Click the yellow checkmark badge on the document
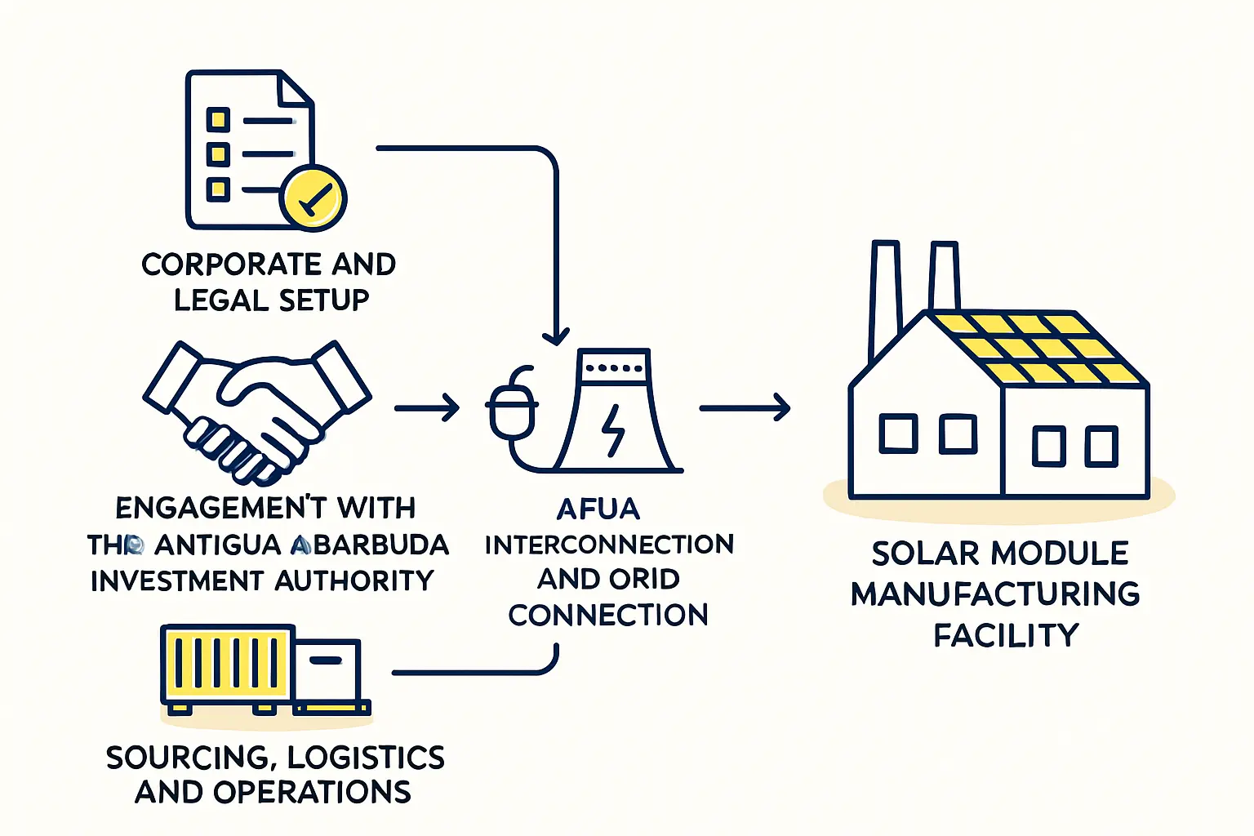[x=313, y=198]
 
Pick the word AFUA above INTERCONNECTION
[x=598, y=509]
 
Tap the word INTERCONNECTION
[x=609, y=545]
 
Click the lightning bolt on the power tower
[x=613, y=430]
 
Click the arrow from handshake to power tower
[x=427, y=407]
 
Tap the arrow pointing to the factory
[x=745, y=407]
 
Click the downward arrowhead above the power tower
[x=556, y=335]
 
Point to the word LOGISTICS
[x=366, y=758]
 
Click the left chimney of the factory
[x=885, y=294]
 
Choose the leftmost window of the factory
[x=898, y=434]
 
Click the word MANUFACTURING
[x=995, y=594]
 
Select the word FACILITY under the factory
[x=1006, y=635]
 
